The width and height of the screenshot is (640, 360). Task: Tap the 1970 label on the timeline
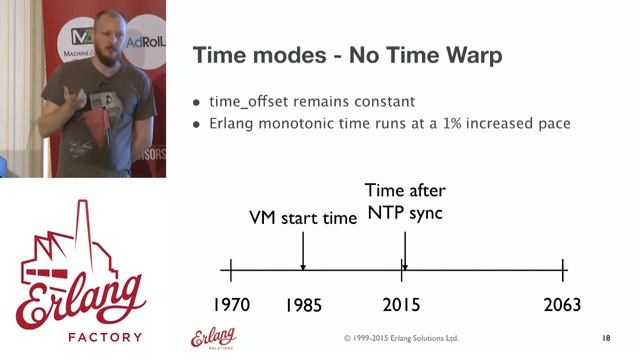tap(231, 304)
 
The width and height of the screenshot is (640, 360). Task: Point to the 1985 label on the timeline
tap(302, 304)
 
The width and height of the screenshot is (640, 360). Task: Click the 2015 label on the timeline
tap(402, 304)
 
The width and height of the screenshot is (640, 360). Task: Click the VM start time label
tap(303, 217)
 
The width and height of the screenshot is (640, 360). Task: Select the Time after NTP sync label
tap(405, 200)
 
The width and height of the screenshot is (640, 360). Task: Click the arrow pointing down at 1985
tap(302, 250)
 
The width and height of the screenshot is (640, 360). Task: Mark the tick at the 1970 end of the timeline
tap(231, 269)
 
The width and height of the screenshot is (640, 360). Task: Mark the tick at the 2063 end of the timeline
tap(564, 269)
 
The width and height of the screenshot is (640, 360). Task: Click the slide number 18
tap(606, 338)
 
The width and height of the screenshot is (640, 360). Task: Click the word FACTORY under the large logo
tap(82, 336)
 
